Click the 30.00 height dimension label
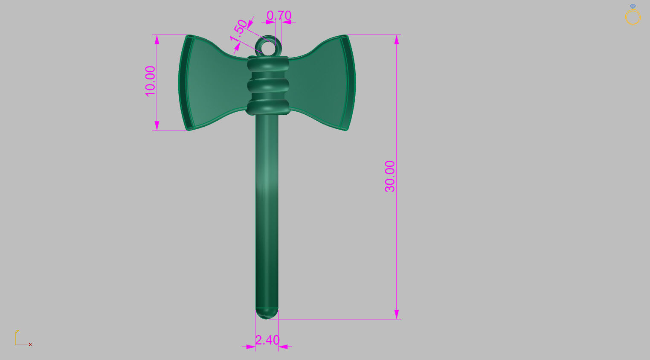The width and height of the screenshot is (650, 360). pyautogui.click(x=390, y=176)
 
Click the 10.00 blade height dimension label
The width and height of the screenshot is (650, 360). pyautogui.click(x=151, y=81)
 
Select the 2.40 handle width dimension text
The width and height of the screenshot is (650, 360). pyautogui.click(x=267, y=340)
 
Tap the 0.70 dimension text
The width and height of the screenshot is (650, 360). pyautogui.click(x=279, y=15)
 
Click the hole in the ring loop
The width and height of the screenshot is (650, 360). pyautogui.click(x=268, y=47)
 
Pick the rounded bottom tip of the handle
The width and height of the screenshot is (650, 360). pyautogui.click(x=267, y=314)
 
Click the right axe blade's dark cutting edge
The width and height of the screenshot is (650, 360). pyautogui.click(x=351, y=83)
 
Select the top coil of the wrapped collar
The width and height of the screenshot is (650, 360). pyautogui.click(x=268, y=65)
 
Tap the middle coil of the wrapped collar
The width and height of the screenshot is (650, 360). pyautogui.click(x=268, y=85)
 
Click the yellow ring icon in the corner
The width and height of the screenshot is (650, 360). pyautogui.click(x=633, y=17)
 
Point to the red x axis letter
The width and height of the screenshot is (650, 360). pyautogui.click(x=30, y=344)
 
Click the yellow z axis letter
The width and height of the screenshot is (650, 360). pyautogui.click(x=17, y=331)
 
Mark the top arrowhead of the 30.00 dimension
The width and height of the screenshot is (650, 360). pyautogui.click(x=397, y=40)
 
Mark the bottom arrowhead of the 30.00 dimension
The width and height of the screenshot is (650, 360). pyautogui.click(x=397, y=314)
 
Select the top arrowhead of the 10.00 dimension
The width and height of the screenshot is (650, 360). pyautogui.click(x=157, y=40)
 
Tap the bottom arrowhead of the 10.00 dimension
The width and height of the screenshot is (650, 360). pyautogui.click(x=157, y=126)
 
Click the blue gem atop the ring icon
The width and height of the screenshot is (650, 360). pyautogui.click(x=633, y=6)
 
